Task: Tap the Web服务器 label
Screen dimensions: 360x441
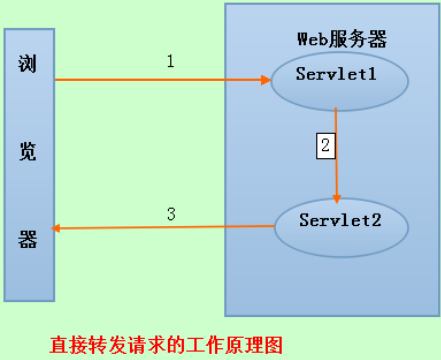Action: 341,39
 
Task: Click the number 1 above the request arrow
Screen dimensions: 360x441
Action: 170,61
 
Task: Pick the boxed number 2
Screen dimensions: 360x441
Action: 324,144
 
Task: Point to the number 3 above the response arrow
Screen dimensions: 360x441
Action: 171,213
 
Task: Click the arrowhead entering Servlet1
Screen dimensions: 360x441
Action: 268,79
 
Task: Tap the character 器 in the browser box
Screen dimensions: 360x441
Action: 28,240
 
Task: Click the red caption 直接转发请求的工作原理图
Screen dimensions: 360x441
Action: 166,343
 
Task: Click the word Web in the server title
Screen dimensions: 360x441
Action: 309,39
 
